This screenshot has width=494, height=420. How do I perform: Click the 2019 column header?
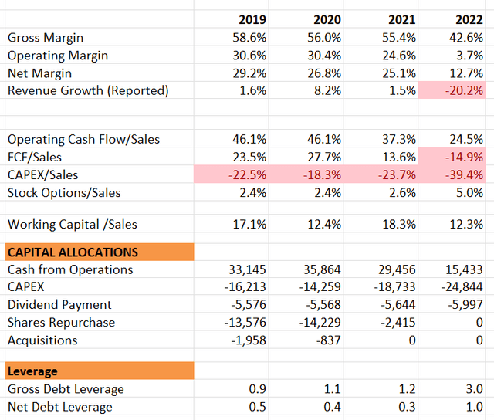coord(252,19)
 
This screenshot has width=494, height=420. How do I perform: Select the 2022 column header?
coord(469,19)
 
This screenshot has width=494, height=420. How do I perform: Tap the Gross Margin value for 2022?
coord(466,38)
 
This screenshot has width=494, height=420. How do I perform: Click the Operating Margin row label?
coord(58,56)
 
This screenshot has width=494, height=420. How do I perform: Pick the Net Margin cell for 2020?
coord(324,73)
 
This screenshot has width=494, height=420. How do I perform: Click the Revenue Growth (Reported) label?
coord(88,91)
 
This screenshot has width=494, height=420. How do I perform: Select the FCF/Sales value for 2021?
coord(399,157)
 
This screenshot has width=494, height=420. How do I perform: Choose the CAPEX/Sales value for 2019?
coord(247,174)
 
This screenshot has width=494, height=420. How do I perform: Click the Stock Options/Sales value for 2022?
coord(469,192)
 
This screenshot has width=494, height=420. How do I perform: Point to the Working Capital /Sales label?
coord(72,225)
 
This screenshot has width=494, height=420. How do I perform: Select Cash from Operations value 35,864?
coord(322,269)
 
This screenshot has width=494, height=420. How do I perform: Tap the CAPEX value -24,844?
coord(462,286)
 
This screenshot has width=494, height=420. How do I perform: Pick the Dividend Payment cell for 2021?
coord(398,305)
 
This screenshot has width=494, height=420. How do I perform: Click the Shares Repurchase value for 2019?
coord(245,322)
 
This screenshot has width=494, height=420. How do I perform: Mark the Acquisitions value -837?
coord(329,340)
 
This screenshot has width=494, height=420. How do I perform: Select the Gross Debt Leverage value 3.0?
coord(475,389)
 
